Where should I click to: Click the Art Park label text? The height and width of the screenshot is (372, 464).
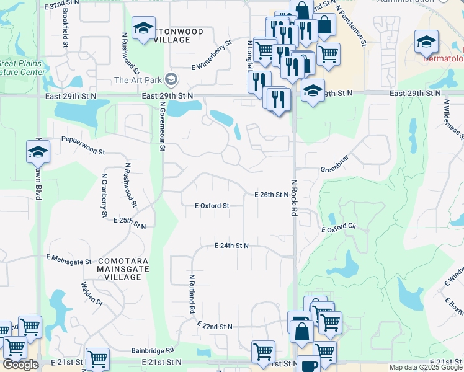coord(137,79)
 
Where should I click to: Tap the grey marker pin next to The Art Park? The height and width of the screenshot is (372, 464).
coord(171,79)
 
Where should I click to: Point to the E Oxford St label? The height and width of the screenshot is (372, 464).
coord(212,205)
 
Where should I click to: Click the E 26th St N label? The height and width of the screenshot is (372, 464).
coord(272,194)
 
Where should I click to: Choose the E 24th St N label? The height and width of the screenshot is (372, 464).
coord(231,246)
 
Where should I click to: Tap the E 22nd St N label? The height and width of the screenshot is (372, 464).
coord(215,326)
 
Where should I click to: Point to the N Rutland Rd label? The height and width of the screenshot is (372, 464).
coord(192,293)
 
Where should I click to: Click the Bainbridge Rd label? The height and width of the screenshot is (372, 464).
coord(152,350)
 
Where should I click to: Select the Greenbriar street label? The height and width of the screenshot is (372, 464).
coord(336,169)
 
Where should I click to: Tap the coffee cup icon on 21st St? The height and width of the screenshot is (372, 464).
coord(308,365)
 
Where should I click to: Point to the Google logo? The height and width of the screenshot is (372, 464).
coord(20,365)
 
